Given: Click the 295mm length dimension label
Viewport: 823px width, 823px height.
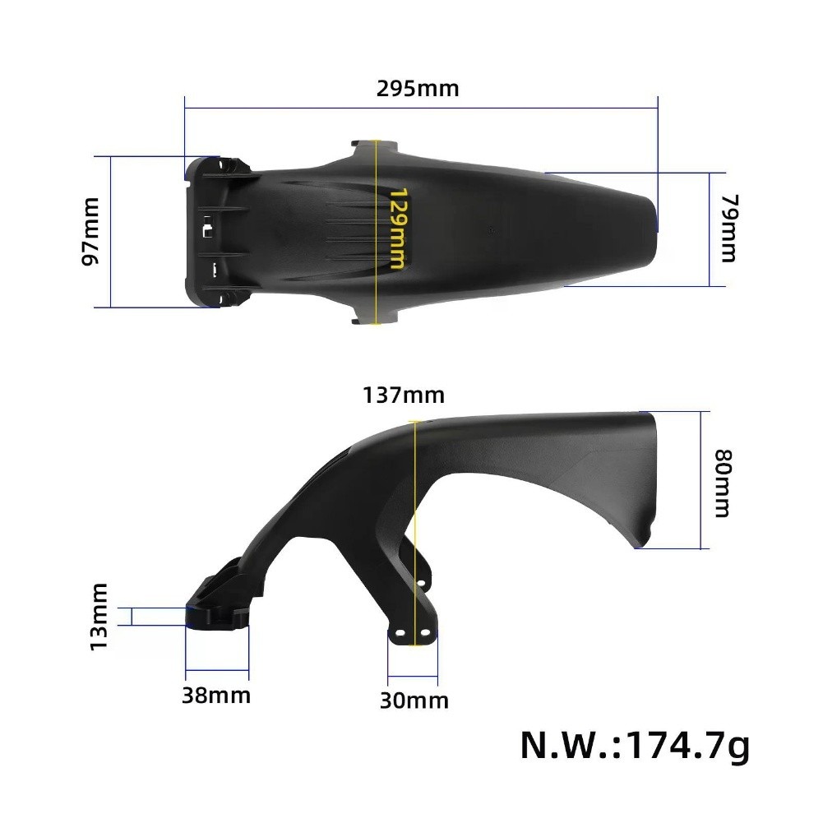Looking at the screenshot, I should pyautogui.click(x=418, y=88).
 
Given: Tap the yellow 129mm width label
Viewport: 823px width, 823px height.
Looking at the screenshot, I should pyautogui.click(x=397, y=229).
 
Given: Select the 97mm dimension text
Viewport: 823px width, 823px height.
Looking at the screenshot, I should pyautogui.click(x=91, y=231).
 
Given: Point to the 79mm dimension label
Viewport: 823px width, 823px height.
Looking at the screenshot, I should pyautogui.click(x=728, y=229).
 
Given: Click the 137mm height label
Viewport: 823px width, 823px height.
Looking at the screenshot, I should pyautogui.click(x=403, y=395).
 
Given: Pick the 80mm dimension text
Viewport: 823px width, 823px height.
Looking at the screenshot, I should pyautogui.click(x=722, y=483).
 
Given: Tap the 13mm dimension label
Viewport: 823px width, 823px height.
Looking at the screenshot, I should pyautogui.click(x=99, y=616).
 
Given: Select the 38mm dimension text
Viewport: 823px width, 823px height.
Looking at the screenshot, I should pyautogui.click(x=216, y=696).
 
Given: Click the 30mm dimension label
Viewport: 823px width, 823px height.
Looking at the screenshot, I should pyautogui.click(x=414, y=700).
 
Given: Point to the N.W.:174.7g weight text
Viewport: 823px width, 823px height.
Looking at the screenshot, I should pyautogui.click(x=635, y=747).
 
